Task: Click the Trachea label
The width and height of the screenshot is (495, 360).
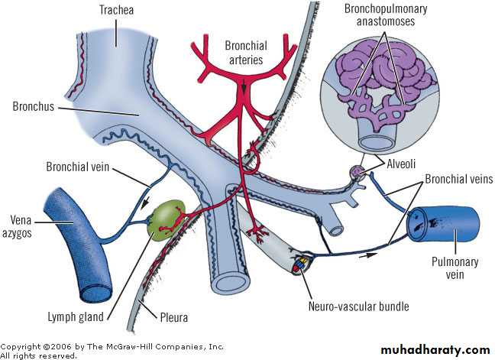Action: click(x=116, y=10)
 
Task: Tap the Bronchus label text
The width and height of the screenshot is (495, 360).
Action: click(x=33, y=106)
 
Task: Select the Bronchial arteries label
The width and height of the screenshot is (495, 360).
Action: click(x=246, y=53)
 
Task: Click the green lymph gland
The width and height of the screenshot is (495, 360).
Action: click(x=167, y=221)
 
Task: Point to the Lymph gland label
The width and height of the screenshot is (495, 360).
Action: click(x=76, y=316)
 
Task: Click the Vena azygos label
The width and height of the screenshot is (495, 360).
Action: click(x=18, y=226)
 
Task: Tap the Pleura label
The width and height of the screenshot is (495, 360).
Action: click(x=174, y=317)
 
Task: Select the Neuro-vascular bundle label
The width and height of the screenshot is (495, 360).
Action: click(x=358, y=306)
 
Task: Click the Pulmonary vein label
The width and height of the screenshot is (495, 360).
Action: click(x=455, y=268)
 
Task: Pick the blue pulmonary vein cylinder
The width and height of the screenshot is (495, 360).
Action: click(x=443, y=225)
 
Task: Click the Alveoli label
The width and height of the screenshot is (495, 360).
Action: click(x=401, y=164)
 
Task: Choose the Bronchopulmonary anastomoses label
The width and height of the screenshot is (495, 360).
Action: click(x=386, y=15)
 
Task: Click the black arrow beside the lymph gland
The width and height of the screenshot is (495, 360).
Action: click(x=144, y=203)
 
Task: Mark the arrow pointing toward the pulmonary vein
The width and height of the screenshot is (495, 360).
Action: click(x=368, y=255)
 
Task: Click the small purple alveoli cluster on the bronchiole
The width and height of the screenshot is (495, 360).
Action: click(x=357, y=172)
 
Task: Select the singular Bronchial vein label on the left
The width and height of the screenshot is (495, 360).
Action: click(x=78, y=167)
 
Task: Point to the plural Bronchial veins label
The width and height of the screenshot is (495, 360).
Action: click(x=458, y=179)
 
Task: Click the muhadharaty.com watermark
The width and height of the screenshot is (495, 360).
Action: click(x=435, y=350)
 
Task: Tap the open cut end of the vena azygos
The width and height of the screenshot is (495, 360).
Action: click(x=96, y=293)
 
